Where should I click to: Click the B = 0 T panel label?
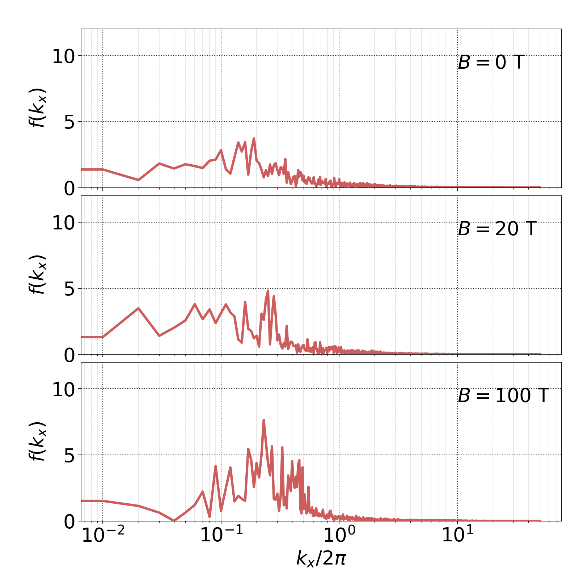tap(491, 62)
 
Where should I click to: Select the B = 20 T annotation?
tap(497, 229)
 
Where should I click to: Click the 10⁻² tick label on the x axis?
tap(103, 535)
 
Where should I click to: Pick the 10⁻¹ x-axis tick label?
tap(221, 535)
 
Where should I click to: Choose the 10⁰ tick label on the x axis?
tap(339, 535)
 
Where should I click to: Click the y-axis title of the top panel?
tap(37, 108)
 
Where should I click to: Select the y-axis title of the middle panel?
tap(37, 275)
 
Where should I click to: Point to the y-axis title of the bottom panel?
tap(37, 441)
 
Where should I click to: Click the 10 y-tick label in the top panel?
tap(63, 56)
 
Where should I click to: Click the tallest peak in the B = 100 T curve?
tap(263, 420)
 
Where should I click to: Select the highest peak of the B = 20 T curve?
tap(268, 291)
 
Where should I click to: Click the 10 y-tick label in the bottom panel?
tap(63, 390)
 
